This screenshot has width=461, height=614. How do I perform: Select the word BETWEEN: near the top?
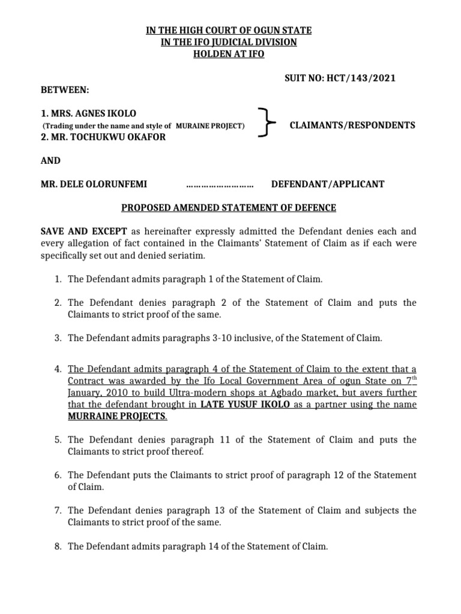click(64, 89)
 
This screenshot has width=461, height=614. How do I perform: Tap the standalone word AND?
click(50, 160)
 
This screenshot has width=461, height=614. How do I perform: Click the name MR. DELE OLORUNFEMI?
click(93, 183)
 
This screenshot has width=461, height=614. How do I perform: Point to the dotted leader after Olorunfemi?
click(220, 184)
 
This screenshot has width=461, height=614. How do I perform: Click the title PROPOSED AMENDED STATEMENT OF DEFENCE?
click(229, 207)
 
